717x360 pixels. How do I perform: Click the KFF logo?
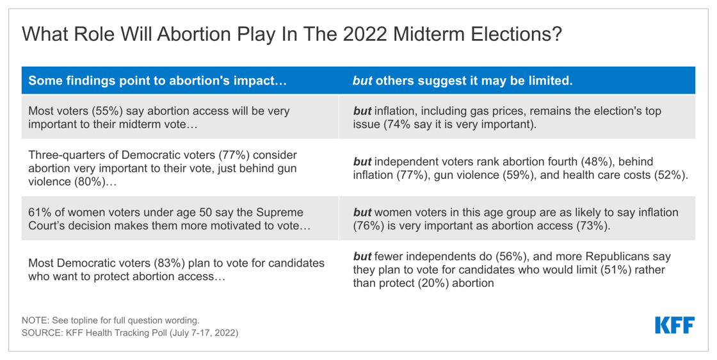pos(674,325)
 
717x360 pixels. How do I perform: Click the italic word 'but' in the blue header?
pos(362,81)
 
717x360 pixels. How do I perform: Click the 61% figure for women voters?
pos(40,212)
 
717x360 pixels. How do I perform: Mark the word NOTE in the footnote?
pos(34,320)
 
